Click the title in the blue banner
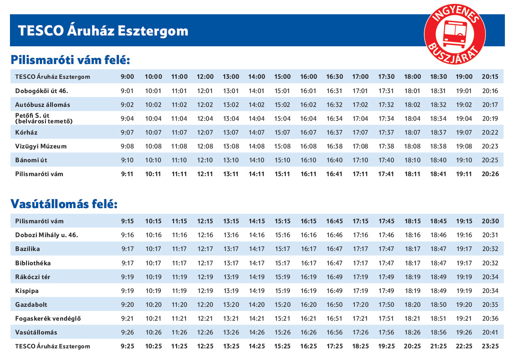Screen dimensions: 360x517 click(x=103, y=31)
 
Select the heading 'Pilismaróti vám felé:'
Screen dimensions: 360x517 click(x=70, y=60)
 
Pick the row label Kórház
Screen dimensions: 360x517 click(x=26, y=132)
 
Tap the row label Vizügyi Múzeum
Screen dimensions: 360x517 click(x=41, y=146)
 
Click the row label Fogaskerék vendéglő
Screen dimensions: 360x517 click(x=48, y=319)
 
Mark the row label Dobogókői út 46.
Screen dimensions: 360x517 click(x=42, y=91)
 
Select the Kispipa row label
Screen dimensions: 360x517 click(x=27, y=291)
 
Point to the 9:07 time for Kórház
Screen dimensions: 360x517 click(x=127, y=132)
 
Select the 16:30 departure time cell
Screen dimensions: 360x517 click(x=334, y=77)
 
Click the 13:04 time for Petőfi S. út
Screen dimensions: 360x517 click(x=231, y=119)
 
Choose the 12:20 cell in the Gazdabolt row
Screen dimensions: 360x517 click(x=205, y=305)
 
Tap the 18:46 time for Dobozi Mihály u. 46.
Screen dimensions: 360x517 click(x=438, y=235)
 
